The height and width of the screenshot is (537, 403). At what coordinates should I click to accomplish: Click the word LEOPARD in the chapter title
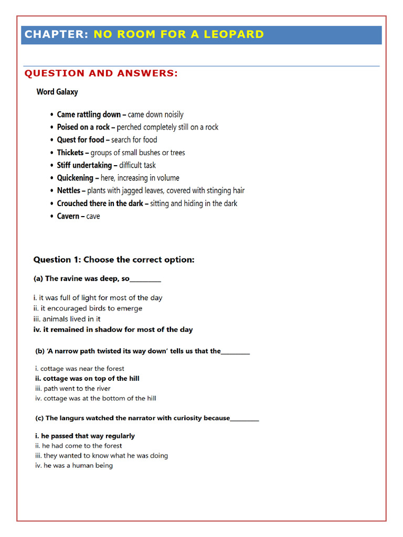pyautogui.click(x=235, y=35)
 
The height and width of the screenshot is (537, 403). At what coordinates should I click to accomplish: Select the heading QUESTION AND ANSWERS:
pyautogui.click(x=101, y=73)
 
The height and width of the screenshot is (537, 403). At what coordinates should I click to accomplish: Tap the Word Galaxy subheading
pyautogui.click(x=57, y=92)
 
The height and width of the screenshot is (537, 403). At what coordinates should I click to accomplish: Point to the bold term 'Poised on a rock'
pyautogui.click(x=83, y=127)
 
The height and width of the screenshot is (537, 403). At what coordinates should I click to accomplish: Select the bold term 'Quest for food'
pyautogui.click(x=80, y=140)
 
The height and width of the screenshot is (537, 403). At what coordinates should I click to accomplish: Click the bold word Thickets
pyautogui.click(x=70, y=153)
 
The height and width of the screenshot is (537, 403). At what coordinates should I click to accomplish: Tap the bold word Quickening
pyautogui.click(x=75, y=178)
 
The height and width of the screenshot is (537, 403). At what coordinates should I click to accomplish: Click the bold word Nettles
pyautogui.click(x=69, y=190)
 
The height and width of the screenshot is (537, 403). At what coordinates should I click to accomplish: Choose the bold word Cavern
pyautogui.click(x=68, y=216)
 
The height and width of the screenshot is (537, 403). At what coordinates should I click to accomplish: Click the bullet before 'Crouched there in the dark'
pyautogui.click(x=51, y=203)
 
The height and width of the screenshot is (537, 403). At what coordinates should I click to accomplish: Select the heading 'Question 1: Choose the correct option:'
pyautogui.click(x=114, y=260)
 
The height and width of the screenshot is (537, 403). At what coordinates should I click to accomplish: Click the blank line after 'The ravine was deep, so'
pyautogui.click(x=145, y=280)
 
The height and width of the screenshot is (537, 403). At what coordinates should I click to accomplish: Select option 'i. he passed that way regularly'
pyautogui.click(x=85, y=436)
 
